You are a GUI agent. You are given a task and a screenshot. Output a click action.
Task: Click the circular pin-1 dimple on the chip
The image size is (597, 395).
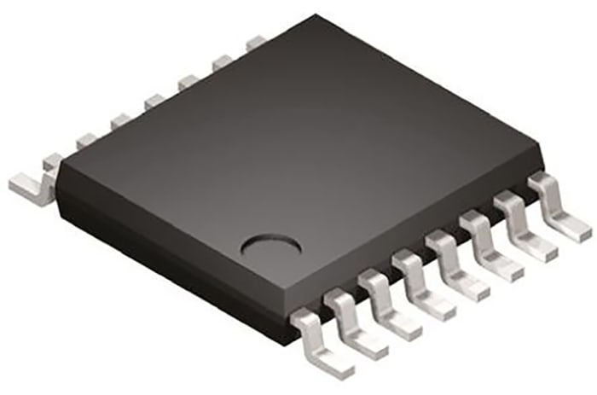pos(272,246)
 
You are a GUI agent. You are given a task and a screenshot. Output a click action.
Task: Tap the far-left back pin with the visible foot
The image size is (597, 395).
pos(30,177)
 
